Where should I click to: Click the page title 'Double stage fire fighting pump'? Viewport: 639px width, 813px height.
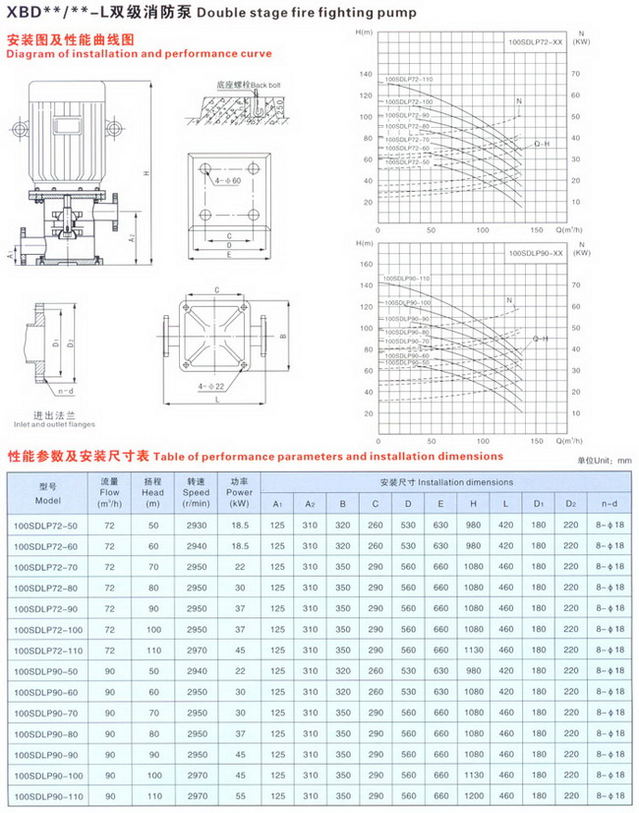click(x=329, y=13)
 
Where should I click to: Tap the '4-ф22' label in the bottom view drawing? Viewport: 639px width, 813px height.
click(x=213, y=385)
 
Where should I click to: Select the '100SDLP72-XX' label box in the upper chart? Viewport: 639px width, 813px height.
click(x=535, y=44)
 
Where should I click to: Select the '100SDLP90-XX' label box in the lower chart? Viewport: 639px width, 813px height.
click(x=535, y=253)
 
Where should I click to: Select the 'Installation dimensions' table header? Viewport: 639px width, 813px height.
click(x=445, y=482)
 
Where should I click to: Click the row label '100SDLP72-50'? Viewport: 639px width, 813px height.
click(x=46, y=528)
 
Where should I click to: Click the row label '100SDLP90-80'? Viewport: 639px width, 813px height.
click(x=46, y=734)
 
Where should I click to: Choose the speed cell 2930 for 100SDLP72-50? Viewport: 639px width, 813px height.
click(x=196, y=528)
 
